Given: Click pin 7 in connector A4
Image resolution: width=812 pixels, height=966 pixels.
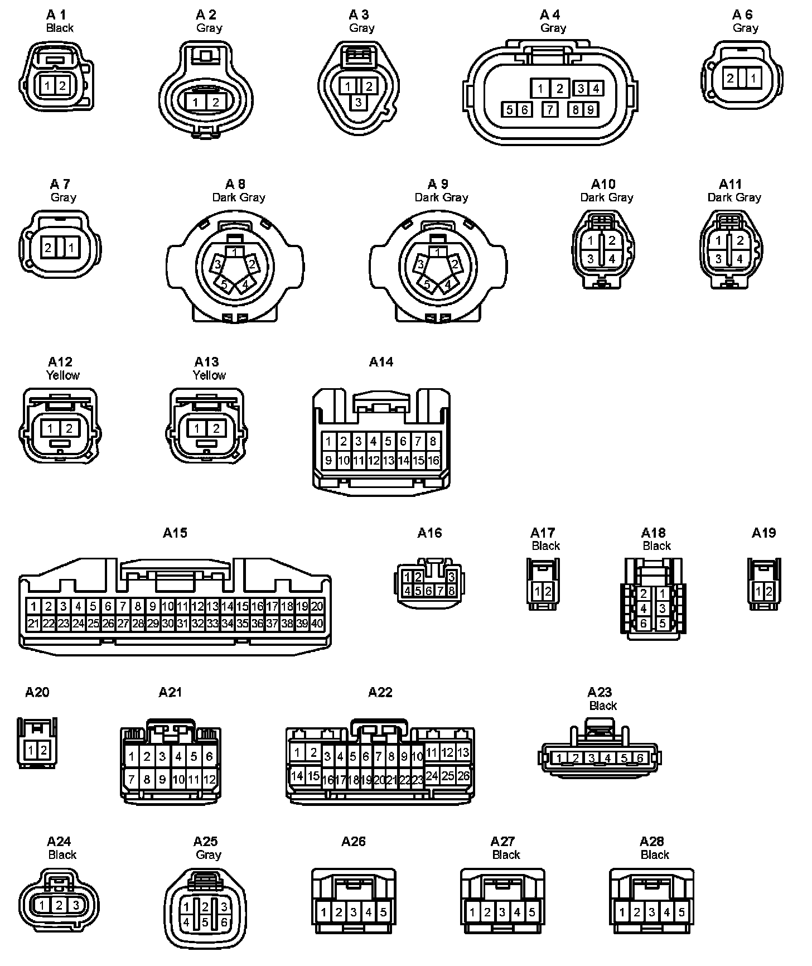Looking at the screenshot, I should [x=550, y=109].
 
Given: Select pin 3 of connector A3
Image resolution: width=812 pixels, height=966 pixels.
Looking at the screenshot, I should [x=358, y=102].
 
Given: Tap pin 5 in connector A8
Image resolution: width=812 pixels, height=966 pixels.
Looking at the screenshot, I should [x=225, y=284].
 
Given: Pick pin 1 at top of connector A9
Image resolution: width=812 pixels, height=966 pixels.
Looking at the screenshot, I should [x=438, y=253].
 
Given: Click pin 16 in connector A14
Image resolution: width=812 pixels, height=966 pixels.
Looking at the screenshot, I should [x=433, y=461].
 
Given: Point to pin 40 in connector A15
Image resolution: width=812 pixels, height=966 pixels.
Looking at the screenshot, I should [x=317, y=624].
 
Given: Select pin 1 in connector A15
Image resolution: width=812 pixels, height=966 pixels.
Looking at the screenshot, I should [x=34, y=606].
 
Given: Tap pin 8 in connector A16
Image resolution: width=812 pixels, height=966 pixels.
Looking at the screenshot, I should [x=451, y=591].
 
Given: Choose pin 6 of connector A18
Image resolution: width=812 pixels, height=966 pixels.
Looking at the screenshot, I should [x=644, y=624].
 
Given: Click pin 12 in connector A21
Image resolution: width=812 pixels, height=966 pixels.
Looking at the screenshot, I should [x=209, y=779].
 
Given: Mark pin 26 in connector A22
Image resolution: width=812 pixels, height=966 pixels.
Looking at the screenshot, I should [x=463, y=775].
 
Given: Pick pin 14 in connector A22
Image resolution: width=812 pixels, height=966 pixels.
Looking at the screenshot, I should [x=297, y=775].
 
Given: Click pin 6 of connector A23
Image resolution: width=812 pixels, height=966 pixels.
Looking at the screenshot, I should [x=640, y=758].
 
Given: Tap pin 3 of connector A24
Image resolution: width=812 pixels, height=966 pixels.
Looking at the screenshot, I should [x=76, y=905].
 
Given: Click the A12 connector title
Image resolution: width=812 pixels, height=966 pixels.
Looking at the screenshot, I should [x=60, y=362].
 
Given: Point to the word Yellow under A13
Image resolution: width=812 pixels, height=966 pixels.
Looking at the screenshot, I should [x=209, y=375].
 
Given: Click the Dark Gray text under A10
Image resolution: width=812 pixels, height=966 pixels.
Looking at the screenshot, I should [x=606, y=197].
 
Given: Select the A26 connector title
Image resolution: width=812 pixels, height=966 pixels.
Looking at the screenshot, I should [x=354, y=841].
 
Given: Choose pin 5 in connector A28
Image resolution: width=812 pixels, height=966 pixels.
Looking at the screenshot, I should [x=681, y=912].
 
